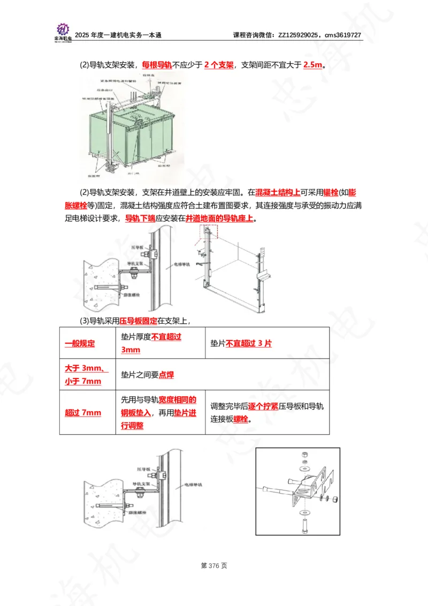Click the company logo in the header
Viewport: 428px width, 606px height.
click(x=63, y=31)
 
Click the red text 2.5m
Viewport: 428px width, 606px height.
click(x=312, y=65)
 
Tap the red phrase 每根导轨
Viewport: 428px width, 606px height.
click(x=156, y=65)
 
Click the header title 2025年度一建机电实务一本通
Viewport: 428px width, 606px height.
click(x=118, y=35)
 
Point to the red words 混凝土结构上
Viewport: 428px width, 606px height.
click(x=277, y=192)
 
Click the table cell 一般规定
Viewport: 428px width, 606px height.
click(x=80, y=344)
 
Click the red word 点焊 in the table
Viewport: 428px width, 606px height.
click(x=166, y=375)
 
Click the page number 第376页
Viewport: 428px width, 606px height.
click(x=213, y=565)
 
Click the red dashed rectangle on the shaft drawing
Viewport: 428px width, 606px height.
click(x=209, y=232)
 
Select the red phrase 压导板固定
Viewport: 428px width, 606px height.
click(x=138, y=321)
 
